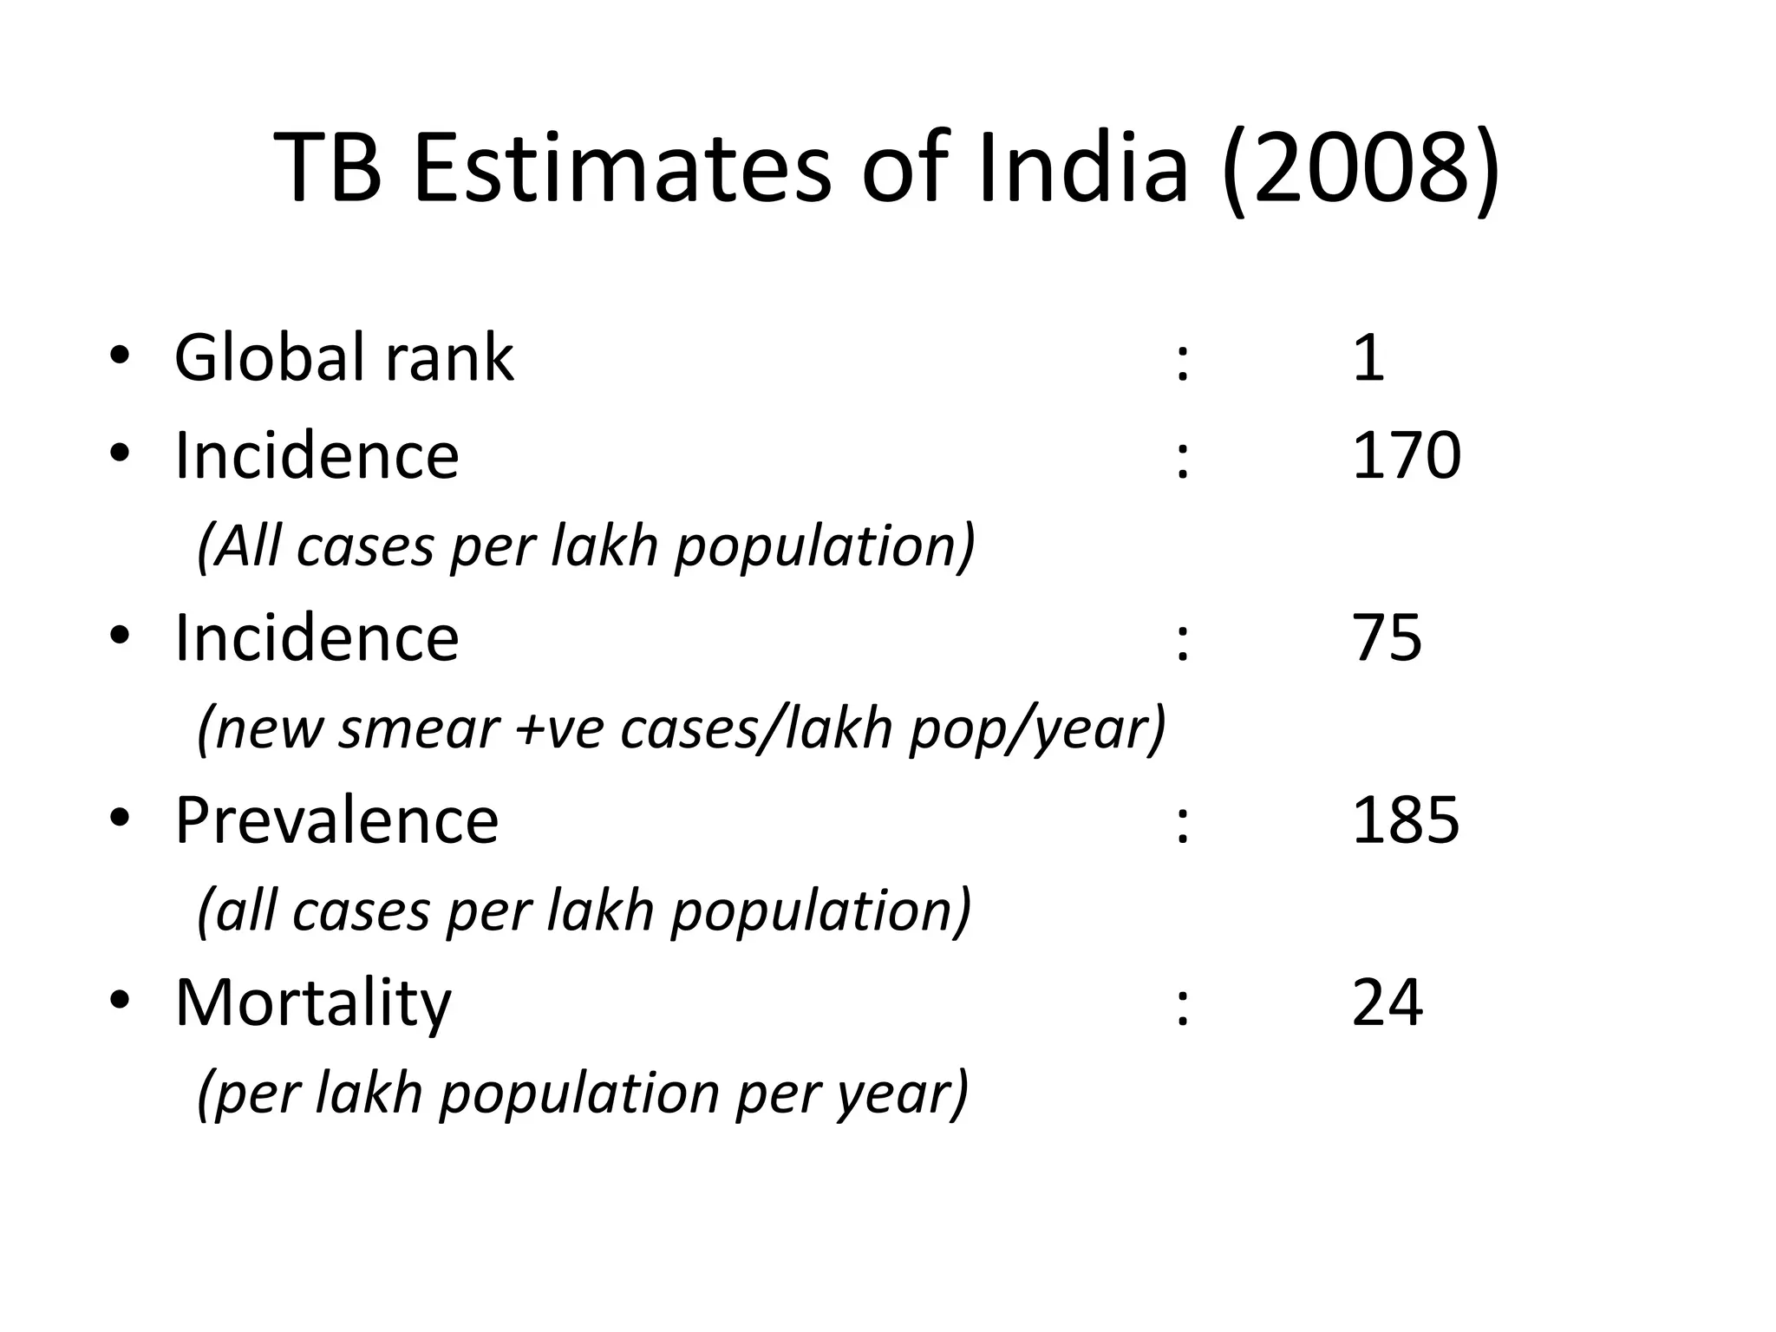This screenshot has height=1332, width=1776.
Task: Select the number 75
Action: [1387, 638]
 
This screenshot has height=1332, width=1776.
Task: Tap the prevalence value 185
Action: [1406, 820]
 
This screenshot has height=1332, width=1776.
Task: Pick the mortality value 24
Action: [1387, 1002]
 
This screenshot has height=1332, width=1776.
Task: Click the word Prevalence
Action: [336, 820]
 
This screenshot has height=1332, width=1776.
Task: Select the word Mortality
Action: [313, 1004]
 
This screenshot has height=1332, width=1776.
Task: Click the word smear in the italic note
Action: [418, 729]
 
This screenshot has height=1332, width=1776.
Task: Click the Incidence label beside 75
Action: [317, 638]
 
